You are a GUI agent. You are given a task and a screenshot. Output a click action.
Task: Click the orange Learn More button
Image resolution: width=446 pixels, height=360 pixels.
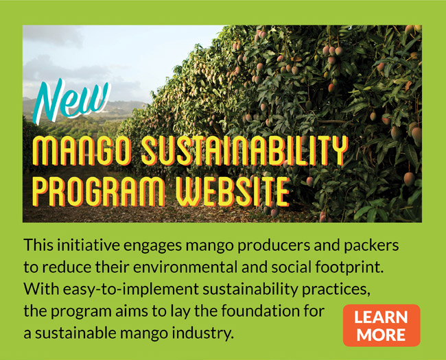(x=382, y=325)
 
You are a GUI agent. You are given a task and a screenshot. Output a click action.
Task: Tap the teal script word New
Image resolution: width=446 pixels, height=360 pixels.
(x=71, y=101)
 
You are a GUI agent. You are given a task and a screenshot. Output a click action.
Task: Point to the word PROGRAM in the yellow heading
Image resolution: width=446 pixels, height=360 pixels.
(x=98, y=191)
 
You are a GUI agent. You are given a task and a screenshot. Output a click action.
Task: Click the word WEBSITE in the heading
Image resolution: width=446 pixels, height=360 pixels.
(x=233, y=191)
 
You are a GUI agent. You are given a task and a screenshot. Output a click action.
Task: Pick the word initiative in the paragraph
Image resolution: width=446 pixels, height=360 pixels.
(x=88, y=245)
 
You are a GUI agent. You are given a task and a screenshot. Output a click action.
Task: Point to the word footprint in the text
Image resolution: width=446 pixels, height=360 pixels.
(x=348, y=268)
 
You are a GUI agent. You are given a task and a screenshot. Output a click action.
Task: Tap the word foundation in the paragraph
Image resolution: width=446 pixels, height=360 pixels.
(x=265, y=311)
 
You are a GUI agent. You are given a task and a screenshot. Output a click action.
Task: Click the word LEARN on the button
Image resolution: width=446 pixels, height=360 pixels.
(x=381, y=317)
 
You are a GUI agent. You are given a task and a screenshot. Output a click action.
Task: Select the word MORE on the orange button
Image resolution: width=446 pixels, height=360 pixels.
(x=381, y=335)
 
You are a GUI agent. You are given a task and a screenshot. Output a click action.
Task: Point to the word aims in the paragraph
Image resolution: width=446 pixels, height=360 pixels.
(x=132, y=311)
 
